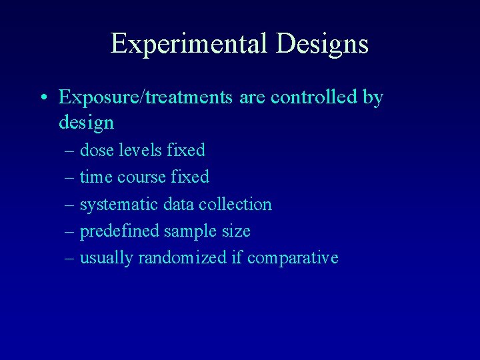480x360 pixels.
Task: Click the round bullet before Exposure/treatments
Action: [43, 99]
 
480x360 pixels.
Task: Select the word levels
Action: [141, 151]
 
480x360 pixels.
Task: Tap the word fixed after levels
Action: [187, 151]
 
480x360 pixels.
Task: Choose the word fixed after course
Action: [191, 177]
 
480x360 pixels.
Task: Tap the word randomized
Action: [182, 258]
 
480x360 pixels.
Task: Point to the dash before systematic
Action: [71, 205]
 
